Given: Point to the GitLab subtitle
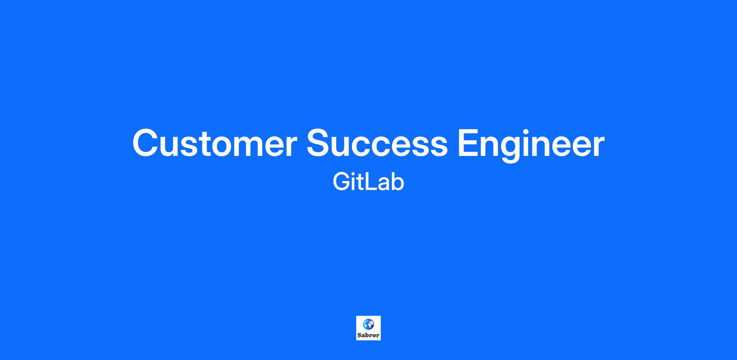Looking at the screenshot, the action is coord(368,182).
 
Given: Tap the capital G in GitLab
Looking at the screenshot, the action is coord(341,182).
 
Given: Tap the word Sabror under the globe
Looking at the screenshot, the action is coord(368,335).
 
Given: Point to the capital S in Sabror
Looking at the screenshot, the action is coord(360,335).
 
